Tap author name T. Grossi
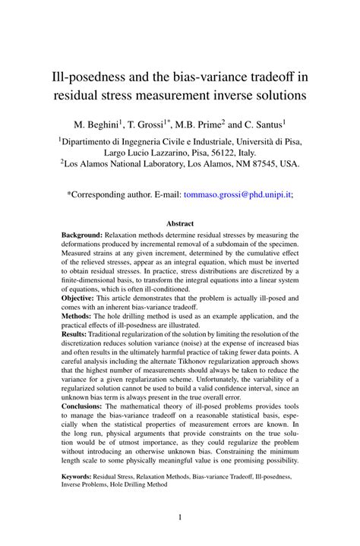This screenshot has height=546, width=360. tap(154, 123)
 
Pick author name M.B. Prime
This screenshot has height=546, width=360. tap(204, 123)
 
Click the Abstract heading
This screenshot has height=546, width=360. tap(180, 223)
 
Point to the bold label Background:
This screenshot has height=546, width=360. tap(83, 235)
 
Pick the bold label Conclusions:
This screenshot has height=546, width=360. tap(85, 406)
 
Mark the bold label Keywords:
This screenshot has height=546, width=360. tap(81, 478)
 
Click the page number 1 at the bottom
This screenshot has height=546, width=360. tap(180, 518)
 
